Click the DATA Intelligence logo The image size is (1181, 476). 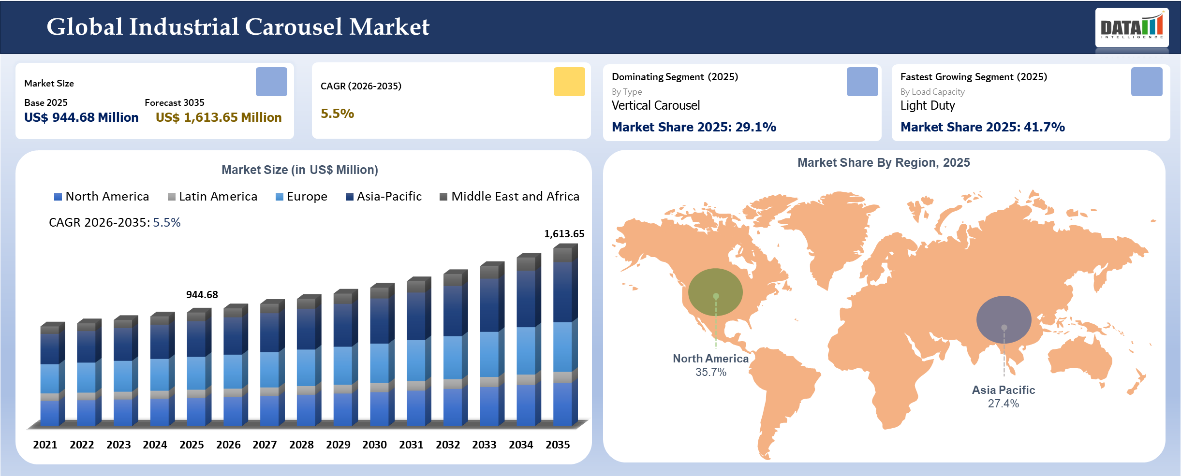tap(1132, 28)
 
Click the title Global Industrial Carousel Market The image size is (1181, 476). tap(237, 27)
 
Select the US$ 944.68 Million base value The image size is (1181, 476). tap(81, 117)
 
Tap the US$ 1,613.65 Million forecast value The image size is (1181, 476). tap(219, 117)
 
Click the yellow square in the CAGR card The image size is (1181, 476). tap(569, 82)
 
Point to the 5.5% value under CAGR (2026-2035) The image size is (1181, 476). tap(337, 114)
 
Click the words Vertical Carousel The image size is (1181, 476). tap(655, 105)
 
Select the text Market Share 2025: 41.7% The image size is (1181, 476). tap(982, 127)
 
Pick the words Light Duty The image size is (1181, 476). tap(927, 105)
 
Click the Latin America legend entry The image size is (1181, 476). tap(213, 197)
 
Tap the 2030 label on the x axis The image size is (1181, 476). tap(374, 445)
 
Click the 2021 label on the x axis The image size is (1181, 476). tap(45, 445)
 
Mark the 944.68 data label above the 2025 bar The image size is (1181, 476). tap(202, 295)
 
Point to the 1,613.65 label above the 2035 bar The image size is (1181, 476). tap(564, 234)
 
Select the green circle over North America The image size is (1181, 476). tap(715, 292)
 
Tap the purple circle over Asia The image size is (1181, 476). tap(1004, 319)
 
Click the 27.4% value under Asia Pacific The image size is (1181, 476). tap(1003, 404)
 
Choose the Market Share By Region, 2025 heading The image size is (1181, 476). tap(883, 163)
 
